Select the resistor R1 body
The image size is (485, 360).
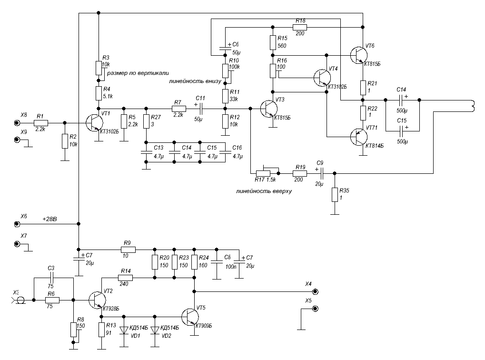40,122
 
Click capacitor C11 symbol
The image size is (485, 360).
200,109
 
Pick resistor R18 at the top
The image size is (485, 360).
300,28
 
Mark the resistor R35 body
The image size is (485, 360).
335,194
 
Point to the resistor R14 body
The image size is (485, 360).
125,277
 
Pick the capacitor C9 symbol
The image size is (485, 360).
321,173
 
